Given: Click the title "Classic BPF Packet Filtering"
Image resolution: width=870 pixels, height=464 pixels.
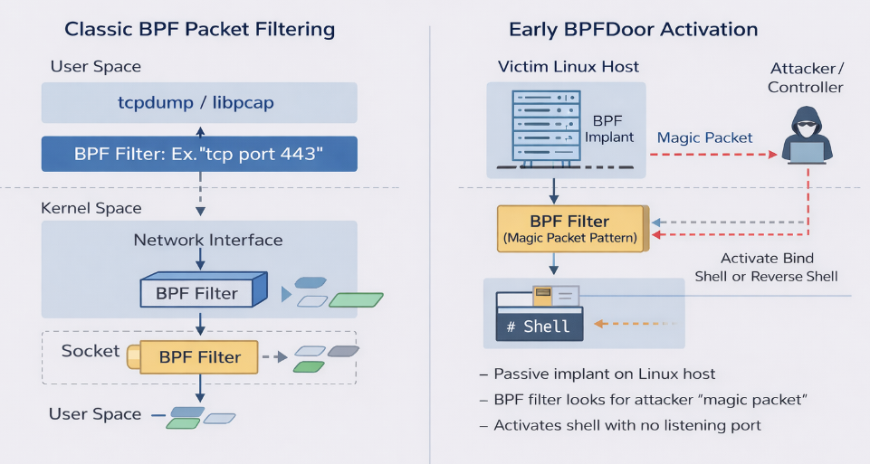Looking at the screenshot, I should (199, 29).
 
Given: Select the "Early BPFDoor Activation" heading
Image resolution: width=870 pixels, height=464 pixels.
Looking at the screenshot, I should (633, 29).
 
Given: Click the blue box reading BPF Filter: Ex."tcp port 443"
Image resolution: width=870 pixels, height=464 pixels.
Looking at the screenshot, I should (199, 153).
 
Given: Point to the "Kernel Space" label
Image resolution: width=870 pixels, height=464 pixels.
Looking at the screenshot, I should (91, 208).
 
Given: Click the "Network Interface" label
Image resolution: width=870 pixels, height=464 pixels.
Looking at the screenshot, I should (208, 241).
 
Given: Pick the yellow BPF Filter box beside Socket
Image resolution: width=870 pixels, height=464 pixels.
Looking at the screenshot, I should (199, 357).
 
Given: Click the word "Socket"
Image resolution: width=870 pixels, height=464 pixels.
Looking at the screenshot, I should (91, 350).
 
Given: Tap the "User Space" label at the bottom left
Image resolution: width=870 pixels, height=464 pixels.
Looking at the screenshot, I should (95, 414).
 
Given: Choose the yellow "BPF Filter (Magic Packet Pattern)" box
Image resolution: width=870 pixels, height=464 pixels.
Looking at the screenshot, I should (569, 229).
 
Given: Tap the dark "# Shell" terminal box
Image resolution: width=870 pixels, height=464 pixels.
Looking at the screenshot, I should (540, 326).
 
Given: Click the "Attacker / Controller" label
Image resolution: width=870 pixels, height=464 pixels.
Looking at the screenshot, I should (805, 78).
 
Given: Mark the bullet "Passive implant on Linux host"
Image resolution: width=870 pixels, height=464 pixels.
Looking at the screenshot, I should (604, 374).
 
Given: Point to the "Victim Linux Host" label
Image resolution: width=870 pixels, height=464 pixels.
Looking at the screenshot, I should (569, 66).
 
